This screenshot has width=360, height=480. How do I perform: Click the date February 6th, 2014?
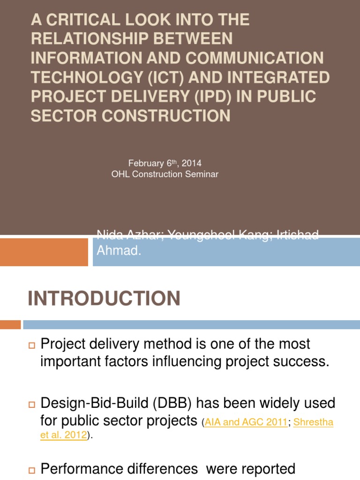coord(165,163)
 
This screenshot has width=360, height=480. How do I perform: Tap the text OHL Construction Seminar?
coord(165,174)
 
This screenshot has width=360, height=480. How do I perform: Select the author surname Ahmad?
coord(118,251)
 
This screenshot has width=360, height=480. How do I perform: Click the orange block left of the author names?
coord(44,252)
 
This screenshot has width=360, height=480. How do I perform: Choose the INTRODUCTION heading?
coord(104,299)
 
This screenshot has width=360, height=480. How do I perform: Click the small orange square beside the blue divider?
coord(10,324)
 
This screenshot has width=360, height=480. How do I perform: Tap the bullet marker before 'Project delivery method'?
coord(32,345)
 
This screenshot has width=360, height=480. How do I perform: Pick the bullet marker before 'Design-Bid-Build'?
coord(32,404)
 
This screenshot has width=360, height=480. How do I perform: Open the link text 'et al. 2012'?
coord(64,435)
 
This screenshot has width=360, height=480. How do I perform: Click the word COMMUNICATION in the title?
coord(255,58)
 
